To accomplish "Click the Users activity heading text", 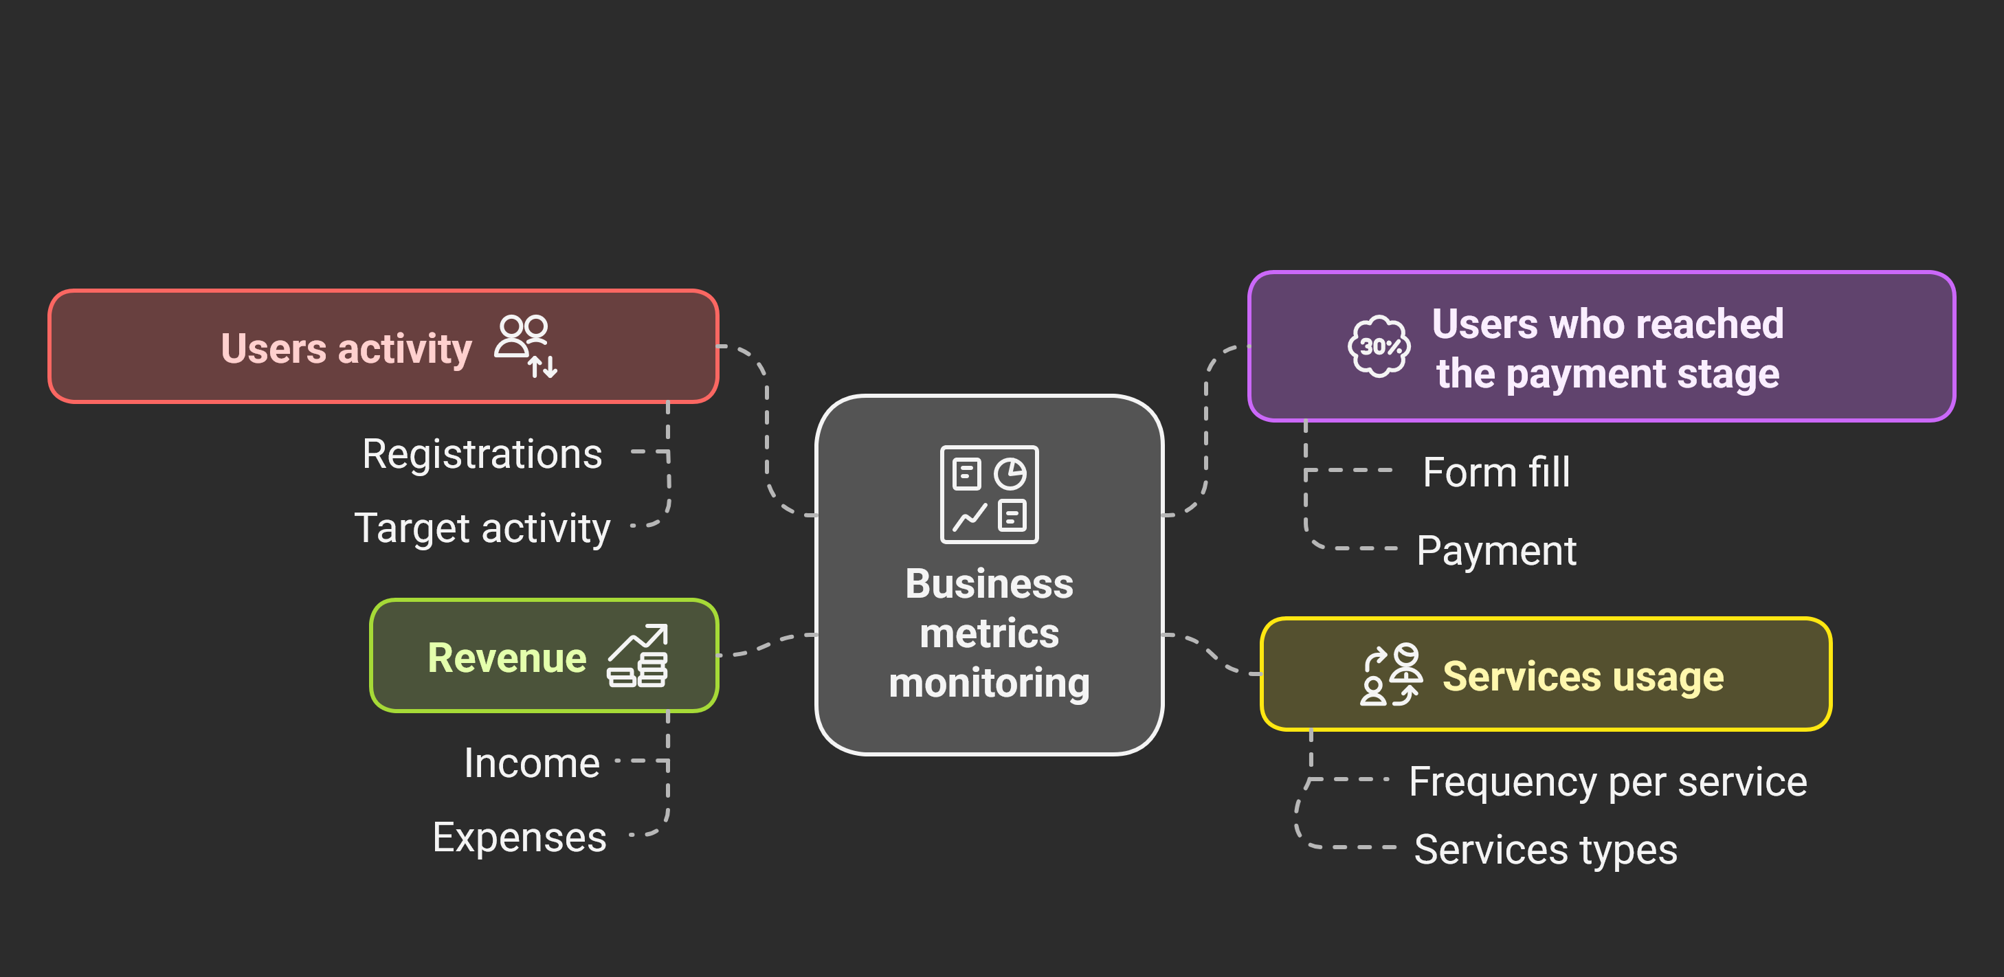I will (x=346, y=348).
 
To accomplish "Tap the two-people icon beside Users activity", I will (x=526, y=346).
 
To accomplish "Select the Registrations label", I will (x=482, y=453).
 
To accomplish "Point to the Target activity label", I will (x=482, y=528).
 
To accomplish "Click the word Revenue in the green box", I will (x=506, y=658).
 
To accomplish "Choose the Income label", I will (x=531, y=763).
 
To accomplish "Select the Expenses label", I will (x=519, y=838).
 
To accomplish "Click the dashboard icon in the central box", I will (x=989, y=494).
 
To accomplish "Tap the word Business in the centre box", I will (x=989, y=584).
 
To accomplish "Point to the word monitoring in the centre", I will (x=989, y=684).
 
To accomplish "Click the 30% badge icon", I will (x=1379, y=346).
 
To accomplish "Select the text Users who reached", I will (x=1607, y=324).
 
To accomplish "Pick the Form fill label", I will (x=1496, y=472).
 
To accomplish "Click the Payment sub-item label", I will (x=1496, y=551).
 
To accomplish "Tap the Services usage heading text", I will (x=1583, y=676).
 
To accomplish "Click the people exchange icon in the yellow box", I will (x=1391, y=675).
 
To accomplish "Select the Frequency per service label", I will (x=1607, y=782).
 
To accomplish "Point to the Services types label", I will (x=1545, y=849).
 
